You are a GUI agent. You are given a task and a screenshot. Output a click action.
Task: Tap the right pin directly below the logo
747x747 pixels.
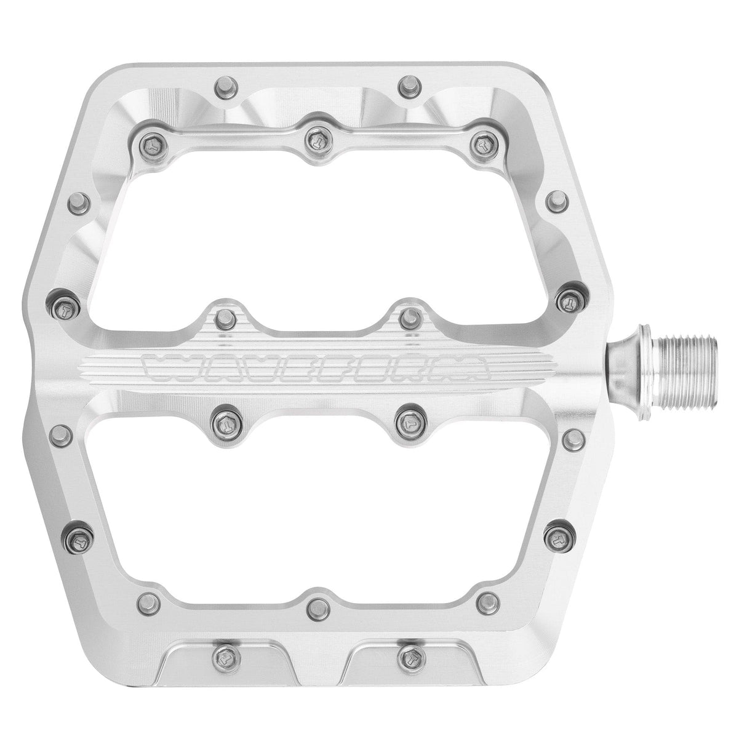tap(407, 421)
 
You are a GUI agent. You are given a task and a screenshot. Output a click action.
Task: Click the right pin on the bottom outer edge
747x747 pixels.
tap(409, 650)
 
